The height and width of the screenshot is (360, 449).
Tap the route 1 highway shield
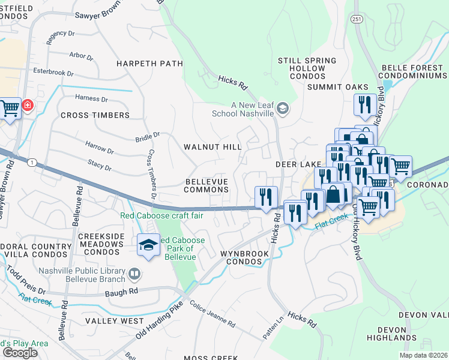point(32,162)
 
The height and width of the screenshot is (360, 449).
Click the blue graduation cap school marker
point(148,245)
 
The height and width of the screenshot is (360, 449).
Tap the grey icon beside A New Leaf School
point(283,109)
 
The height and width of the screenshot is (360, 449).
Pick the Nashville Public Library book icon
point(135,275)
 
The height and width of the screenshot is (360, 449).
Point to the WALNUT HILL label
point(212,146)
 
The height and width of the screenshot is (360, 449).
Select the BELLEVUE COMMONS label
point(207,185)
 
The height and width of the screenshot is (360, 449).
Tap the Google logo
point(20,353)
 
